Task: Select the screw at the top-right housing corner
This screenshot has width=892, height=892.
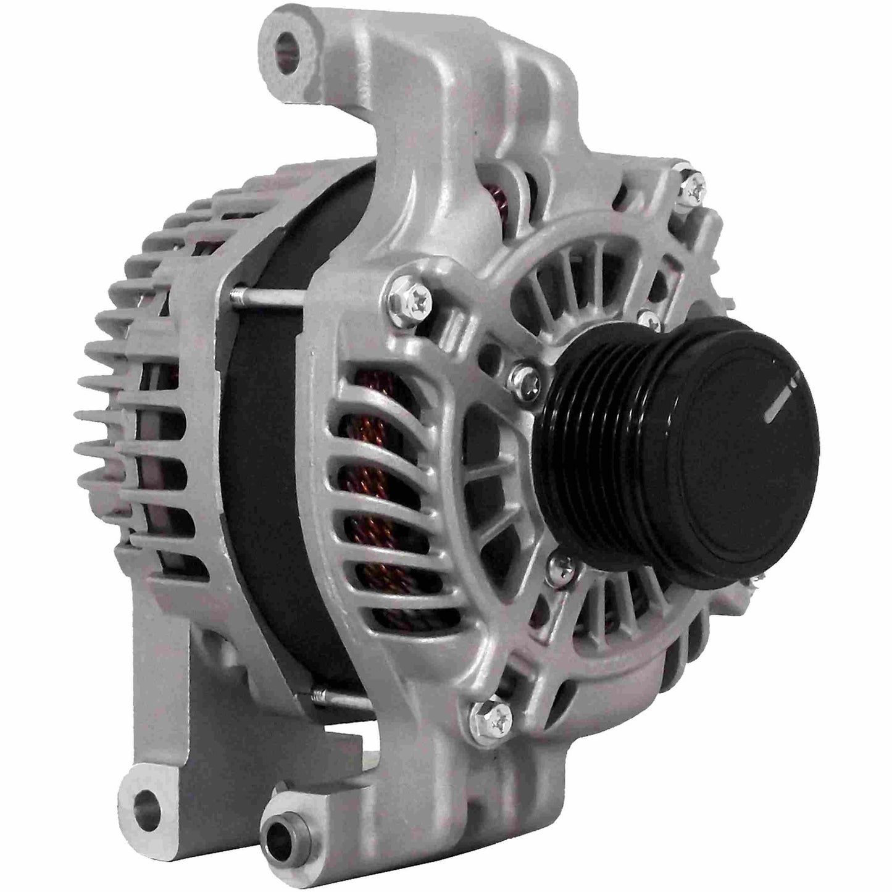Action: click(x=693, y=185)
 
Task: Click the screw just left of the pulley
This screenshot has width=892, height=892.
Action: click(x=524, y=373)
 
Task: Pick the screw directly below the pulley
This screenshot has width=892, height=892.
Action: click(x=561, y=561)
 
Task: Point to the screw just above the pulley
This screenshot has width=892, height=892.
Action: click(x=648, y=319)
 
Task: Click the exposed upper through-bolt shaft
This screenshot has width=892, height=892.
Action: click(x=265, y=298)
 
